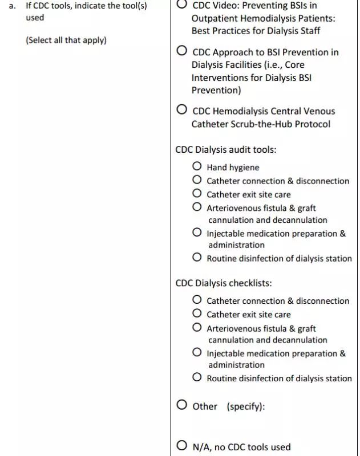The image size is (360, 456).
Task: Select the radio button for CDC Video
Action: pyautogui.click(x=182, y=5)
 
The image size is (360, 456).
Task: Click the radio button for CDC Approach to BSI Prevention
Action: pyautogui.click(x=182, y=51)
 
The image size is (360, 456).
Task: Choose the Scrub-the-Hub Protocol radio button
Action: pyautogui.click(x=182, y=109)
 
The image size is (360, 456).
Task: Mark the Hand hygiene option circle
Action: pyautogui.click(x=197, y=166)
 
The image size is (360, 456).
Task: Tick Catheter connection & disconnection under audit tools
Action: pyautogui.click(x=197, y=180)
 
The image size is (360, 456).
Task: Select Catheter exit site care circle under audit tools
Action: pyautogui.click(x=197, y=194)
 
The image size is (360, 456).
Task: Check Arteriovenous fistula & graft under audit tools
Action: pyautogui.click(x=197, y=207)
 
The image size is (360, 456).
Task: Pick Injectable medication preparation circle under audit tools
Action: pyautogui.click(x=197, y=233)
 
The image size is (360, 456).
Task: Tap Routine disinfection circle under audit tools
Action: pyautogui.click(x=197, y=258)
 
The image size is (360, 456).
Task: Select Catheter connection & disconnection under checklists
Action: pyautogui.click(x=197, y=300)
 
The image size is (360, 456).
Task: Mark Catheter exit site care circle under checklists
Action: pyautogui.click(x=197, y=313)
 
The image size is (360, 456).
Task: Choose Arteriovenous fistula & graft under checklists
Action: pyautogui.click(x=197, y=328)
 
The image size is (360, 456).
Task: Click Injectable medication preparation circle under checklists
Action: pyautogui.click(x=197, y=353)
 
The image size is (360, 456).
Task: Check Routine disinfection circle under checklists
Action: pyautogui.click(x=197, y=377)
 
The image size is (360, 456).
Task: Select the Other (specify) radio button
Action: pyautogui.click(x=182, y=405)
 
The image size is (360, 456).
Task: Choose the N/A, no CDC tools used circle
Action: pyautogui.click(x=182, y=446)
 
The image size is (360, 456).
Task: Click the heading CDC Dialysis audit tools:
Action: pyautogui.click(x=226, y=149)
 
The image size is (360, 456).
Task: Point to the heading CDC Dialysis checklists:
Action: pyautogui.click(x=224, y=283)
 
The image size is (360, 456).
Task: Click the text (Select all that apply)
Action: pyautogui.click(x=66, y=40)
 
